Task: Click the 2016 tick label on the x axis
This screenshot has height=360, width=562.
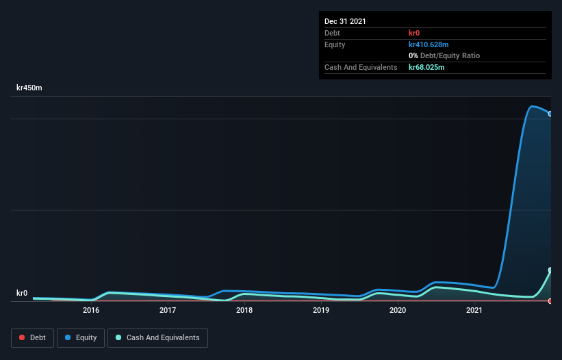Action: pos(91,311)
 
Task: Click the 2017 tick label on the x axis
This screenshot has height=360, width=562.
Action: pos(168,311)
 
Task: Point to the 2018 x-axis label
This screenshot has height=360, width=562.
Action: pos(244,311)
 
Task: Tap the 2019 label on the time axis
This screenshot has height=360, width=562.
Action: pos(321,311)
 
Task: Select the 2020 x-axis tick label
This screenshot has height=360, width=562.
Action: pos(398,311)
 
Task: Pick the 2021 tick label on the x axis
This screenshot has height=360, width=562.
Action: pos(474,311)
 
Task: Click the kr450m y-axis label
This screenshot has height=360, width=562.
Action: pos(29,88)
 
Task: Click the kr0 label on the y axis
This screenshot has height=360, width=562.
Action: pos(22,293)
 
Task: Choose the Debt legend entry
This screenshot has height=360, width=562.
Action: pos(31,337)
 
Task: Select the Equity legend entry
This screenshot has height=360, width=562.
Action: pos(81,337)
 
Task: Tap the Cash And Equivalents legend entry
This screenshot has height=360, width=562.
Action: pos(157,337)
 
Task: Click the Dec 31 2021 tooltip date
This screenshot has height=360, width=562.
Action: pos(345,21)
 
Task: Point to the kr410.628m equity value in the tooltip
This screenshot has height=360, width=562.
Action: pos(429,44)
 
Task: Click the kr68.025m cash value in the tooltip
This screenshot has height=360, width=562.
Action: pos(426,67)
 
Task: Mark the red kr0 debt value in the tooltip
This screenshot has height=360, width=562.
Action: pos(413,33)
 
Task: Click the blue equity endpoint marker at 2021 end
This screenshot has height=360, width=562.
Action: pos(550,114)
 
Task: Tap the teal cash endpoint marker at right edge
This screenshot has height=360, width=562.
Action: pos(550,270)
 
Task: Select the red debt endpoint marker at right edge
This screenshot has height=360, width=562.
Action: pos(550,301)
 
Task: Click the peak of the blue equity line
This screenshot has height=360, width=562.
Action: pos(531,106)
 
